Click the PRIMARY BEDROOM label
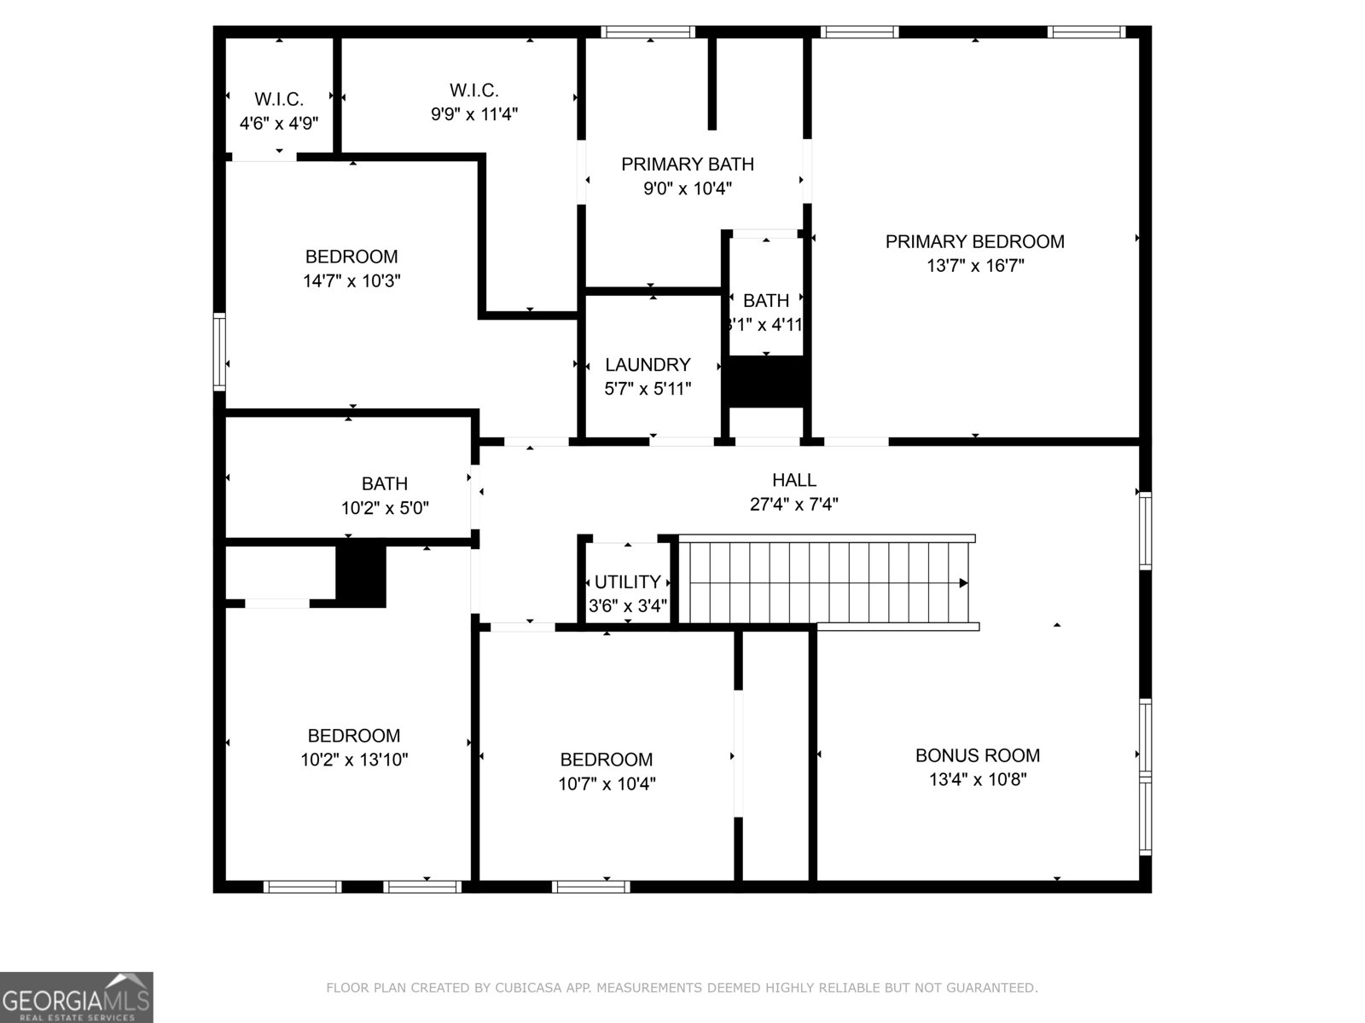coord(974,241)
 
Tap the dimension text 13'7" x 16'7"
coord(974,265)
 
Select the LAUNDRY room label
coord(648,365)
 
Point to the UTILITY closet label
coord(627,582)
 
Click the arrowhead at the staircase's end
coord(963,583)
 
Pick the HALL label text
coord(794,480)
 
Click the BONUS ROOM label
coord(978,755)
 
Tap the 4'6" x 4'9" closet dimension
coord(279,123)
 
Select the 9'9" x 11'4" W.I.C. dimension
coord(474,113)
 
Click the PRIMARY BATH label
coord(688,164)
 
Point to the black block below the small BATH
coord(766,382)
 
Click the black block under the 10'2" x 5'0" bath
coord(361,575)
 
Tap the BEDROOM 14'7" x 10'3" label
coord(351,257)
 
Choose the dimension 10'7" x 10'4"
coord(607,783)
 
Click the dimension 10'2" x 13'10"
coord(354,760)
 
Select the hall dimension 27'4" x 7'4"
coord(794,504)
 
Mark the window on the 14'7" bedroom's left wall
coord(219,352)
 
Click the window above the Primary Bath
coord(648,32)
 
